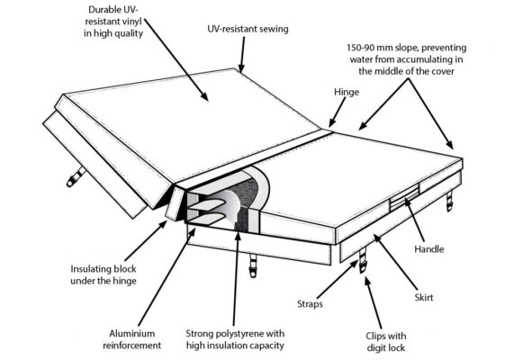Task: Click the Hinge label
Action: tap(347, 92)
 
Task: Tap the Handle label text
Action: tap(429, 249)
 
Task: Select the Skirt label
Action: tap(424, 297)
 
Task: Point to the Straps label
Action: tap(310, 304)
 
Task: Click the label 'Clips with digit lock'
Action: tap(386, 342)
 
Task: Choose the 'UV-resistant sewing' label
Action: tap(248, 29)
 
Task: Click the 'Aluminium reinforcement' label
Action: tap(131, 339)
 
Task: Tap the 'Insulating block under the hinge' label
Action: tap(104, 274)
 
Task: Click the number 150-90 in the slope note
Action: tap(360, 48)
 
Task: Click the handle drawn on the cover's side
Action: tap(404, 197)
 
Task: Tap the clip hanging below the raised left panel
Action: tap(76, 177)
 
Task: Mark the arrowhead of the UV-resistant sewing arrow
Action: tap(241, 68)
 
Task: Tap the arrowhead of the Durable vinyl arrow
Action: tap(205, 96)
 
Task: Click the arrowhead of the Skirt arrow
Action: tap(377, 238)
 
